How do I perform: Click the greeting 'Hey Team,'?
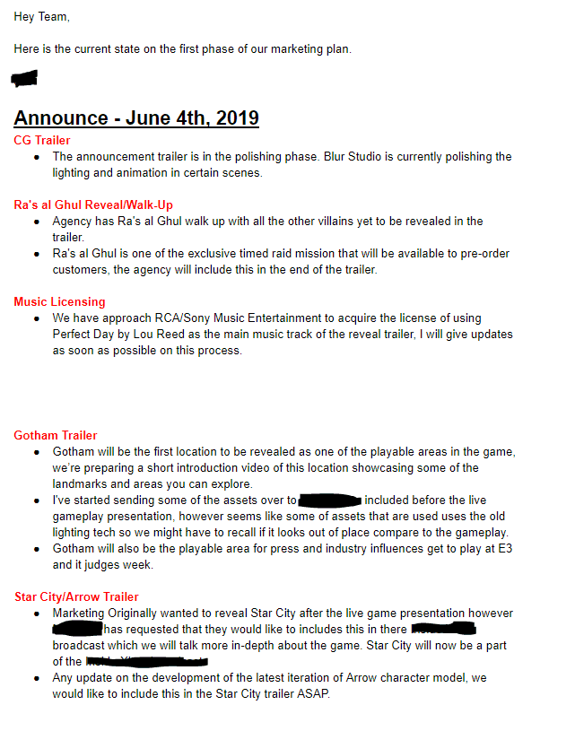click(41, 17)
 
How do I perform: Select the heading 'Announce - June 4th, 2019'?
click(136, 118)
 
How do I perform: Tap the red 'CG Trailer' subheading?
click(42, 140)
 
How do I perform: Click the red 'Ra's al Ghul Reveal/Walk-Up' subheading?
click(93, 205)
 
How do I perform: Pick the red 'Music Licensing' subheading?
click(59, 301)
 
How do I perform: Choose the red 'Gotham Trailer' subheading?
click(56, 435)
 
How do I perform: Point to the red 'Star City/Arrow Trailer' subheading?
click(76, 596)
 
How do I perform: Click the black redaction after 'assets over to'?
click(329, 500)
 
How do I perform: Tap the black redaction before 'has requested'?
click(77, 630)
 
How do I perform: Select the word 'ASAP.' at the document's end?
click(314, 694)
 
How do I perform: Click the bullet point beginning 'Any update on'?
click(36, 678)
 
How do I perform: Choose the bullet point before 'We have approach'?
click(36, 318)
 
